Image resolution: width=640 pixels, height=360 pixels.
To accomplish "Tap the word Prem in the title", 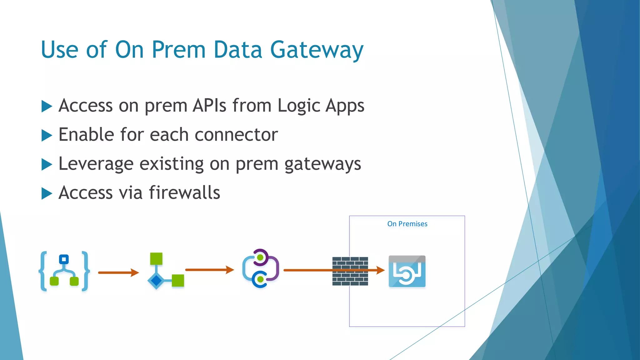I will [x=178, y=50].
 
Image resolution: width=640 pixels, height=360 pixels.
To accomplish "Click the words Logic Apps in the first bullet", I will [x=321, y=106].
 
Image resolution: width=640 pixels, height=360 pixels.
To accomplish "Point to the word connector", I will [x=236, y=135].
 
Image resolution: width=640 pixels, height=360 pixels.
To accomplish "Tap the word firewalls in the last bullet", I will [x=184, y=192].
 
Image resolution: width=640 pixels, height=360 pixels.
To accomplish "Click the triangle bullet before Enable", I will [x=47, y=135].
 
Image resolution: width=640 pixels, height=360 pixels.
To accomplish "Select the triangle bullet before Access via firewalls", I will [x=47, y=193].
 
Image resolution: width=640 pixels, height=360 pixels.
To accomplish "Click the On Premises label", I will [x=407, y=224].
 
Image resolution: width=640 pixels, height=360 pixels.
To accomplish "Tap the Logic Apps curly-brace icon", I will [x=64, y=271].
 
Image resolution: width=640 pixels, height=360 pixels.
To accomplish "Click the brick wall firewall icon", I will [x=350, y=271].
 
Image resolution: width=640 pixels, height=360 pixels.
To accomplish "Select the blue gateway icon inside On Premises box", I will [x=407, y=271].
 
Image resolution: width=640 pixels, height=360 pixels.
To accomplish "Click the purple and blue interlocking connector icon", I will [x=260, y=268].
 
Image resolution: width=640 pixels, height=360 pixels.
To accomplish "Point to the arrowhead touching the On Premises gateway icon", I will [x=381, y=270].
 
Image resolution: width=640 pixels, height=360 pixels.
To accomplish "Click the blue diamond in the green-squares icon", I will [x=156, y=281].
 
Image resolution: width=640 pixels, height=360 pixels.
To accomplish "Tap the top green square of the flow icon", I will [x=156, y=258].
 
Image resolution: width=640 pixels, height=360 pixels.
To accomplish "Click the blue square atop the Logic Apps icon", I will [x=64, y=259].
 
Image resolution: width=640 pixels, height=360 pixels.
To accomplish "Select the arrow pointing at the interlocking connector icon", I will [x=209, y=270].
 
